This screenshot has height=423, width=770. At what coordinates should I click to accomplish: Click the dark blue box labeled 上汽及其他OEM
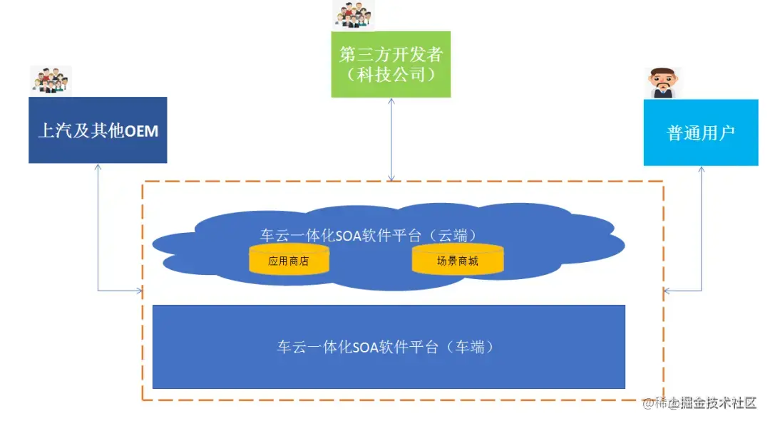(x=98, y=130)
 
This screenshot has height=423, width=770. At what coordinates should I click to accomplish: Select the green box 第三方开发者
(x=391, y=64)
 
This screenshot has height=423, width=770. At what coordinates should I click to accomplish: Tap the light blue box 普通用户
(x=700, y=132)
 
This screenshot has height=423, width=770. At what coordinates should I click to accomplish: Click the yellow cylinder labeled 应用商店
(x=289, y=261)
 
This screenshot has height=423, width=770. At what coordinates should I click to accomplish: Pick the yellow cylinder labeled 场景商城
(x=457, y=261)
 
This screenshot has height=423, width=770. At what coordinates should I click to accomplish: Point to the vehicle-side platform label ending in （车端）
(x=386, y=348)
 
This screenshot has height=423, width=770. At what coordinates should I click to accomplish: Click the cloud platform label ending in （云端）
(x=368, y=235)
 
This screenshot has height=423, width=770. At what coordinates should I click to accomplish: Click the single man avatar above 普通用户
(x=662, y=83)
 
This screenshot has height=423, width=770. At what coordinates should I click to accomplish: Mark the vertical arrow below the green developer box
(x=391, y=139)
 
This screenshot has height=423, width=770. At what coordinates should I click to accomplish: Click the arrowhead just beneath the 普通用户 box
(x=702, y=169)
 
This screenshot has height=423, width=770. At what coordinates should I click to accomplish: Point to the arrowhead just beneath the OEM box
(x=98, y=167)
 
